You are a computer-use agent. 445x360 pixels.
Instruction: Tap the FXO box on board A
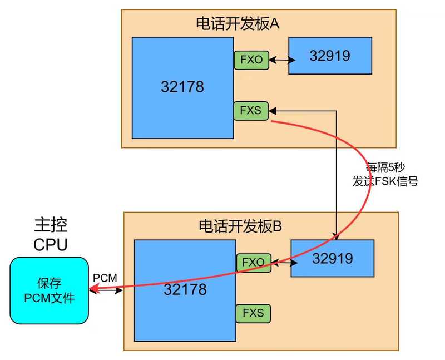tap(251, 60)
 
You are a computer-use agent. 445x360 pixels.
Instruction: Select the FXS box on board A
tap(250, 110)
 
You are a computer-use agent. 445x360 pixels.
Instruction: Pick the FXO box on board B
tap(254, 262)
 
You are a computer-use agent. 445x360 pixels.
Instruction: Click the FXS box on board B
tap(253, 313)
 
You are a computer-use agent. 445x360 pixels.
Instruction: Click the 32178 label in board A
tap(182, 87)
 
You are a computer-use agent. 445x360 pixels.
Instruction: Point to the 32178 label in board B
tap(185, 289)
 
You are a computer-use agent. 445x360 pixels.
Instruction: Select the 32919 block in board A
tap(330, 56)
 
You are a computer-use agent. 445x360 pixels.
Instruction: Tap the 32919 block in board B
tap(332, 258)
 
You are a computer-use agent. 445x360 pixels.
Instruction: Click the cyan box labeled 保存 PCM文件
tap(49, 290)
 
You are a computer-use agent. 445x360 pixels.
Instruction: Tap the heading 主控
tap(50, 225)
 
